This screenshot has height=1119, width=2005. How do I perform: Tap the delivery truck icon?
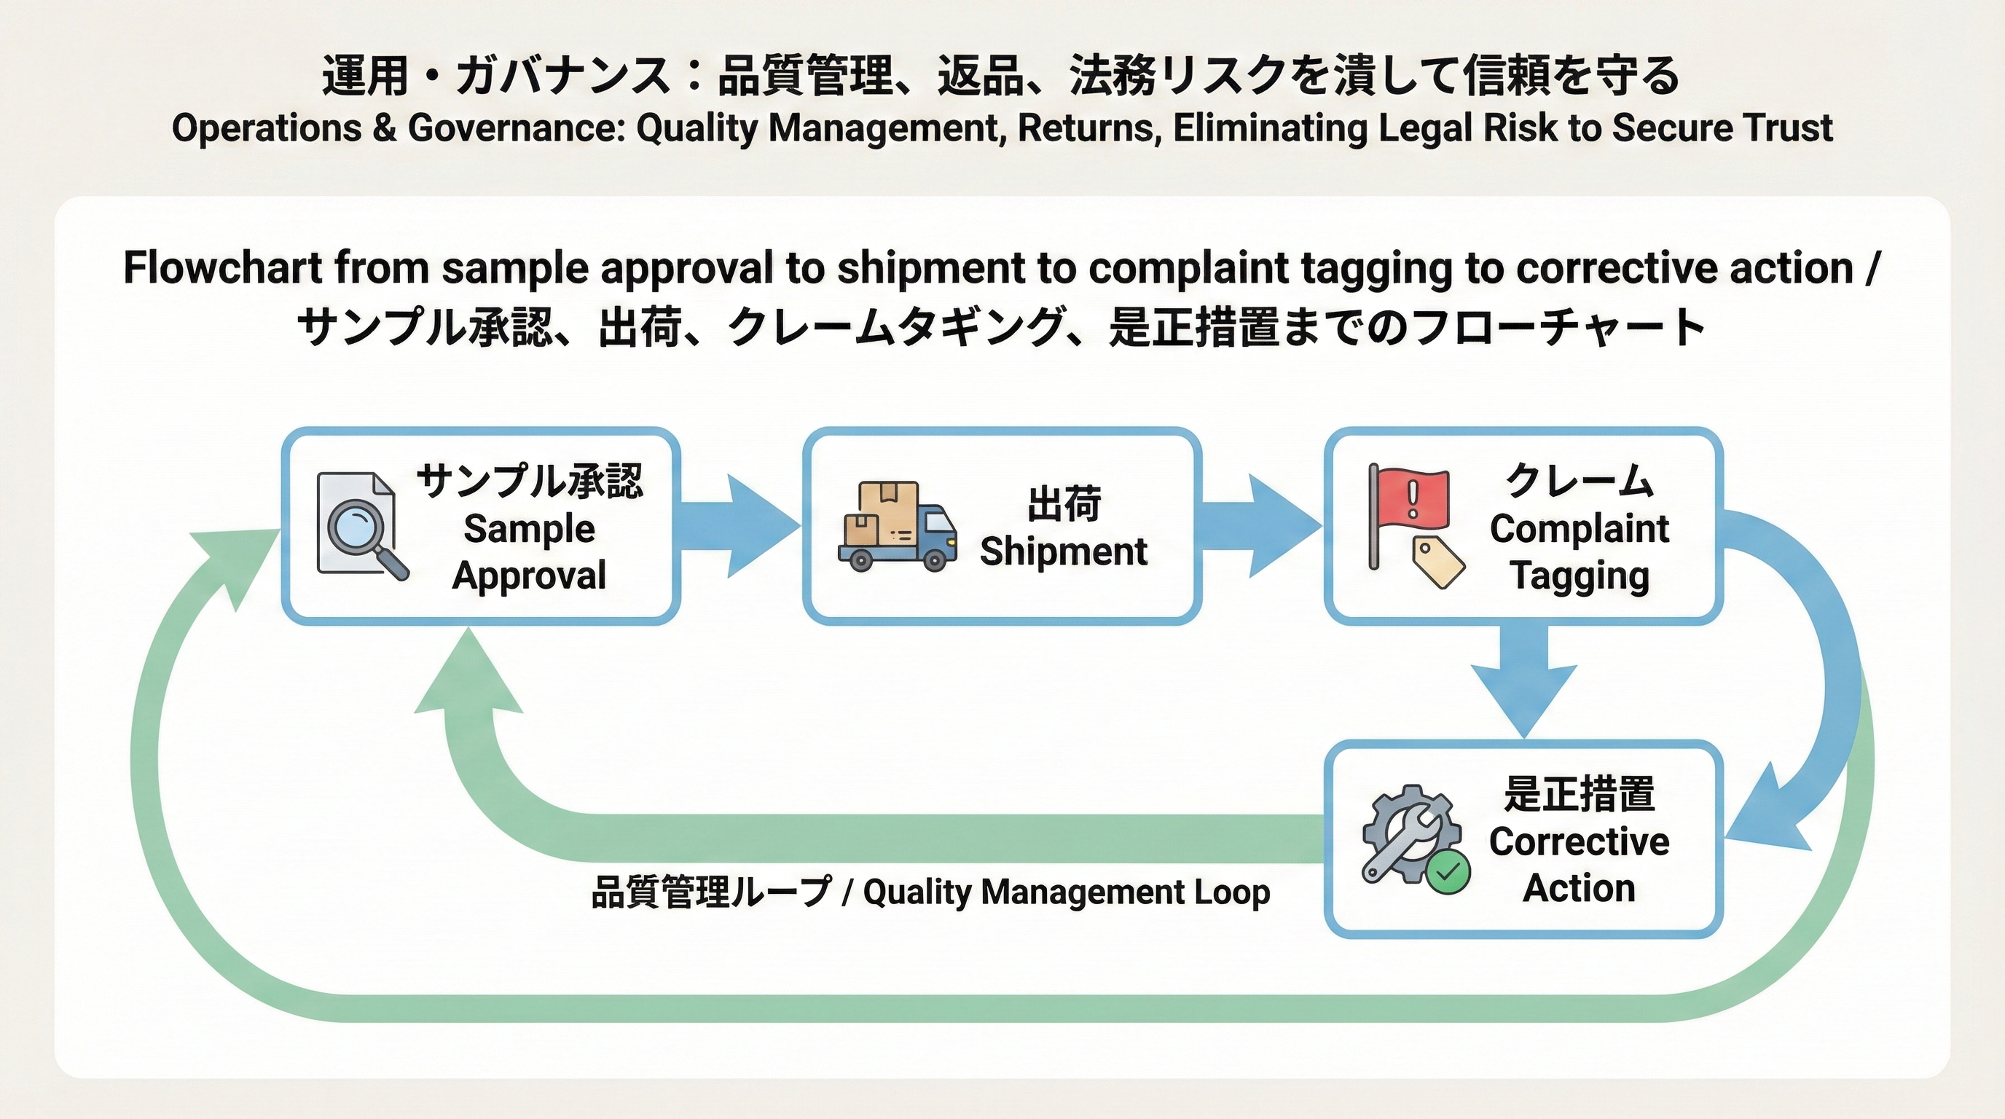click(x=898, y=527)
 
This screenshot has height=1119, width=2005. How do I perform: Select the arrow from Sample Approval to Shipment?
click(x=739, y=527)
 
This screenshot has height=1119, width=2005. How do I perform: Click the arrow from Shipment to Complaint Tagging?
click(x=1261, y=527)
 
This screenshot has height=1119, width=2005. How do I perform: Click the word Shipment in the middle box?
click(x=1063, y=551)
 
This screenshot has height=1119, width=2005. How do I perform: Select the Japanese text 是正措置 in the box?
click(x=1580, y=795)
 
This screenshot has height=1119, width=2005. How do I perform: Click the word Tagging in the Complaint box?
click(x=1580, y=576)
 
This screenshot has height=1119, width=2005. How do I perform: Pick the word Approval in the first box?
click(x=529, y=576)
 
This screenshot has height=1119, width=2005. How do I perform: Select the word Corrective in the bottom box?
click(x=1580, y=842)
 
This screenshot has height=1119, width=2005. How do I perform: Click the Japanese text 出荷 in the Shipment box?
click(x=1063, y=503)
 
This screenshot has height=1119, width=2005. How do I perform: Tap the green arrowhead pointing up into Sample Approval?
click(x=468, y=677)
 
